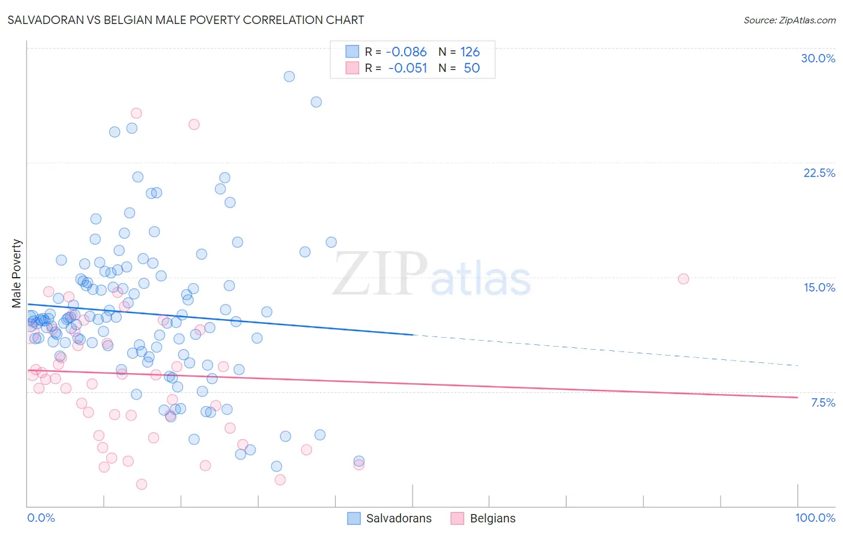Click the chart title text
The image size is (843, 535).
[x=185, y=20]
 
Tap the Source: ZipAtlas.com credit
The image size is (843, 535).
[x=789, y=20]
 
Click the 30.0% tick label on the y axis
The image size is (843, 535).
[x=818, y=58]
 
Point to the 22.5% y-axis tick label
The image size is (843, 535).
[x=819, y=173]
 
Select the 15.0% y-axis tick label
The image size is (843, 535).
[x=819, y=287]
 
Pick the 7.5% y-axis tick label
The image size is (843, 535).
[x=823, y=402]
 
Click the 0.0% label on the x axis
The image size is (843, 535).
[x=41, y=518]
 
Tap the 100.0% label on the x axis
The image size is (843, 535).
[x=815, y=518]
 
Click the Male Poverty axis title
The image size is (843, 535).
[x=17, y=273]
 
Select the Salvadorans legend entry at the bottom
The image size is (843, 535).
[x=390, y=518]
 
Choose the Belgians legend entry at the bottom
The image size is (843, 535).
[x=483, y=518]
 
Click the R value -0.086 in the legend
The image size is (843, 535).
[x=406, y=52]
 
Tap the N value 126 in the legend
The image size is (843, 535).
[x=470, y=52]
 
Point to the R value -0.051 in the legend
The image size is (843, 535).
[x=407, y=68]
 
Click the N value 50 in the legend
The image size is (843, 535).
[x=471, y=68]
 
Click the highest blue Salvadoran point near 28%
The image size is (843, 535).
[x=289, y=76]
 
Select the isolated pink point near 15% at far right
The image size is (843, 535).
[x=683, y=279]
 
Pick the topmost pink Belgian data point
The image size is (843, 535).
[x=136, y=113]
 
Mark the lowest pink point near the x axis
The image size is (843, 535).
[x=141, y=484]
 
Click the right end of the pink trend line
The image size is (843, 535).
[x=797, y=397]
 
